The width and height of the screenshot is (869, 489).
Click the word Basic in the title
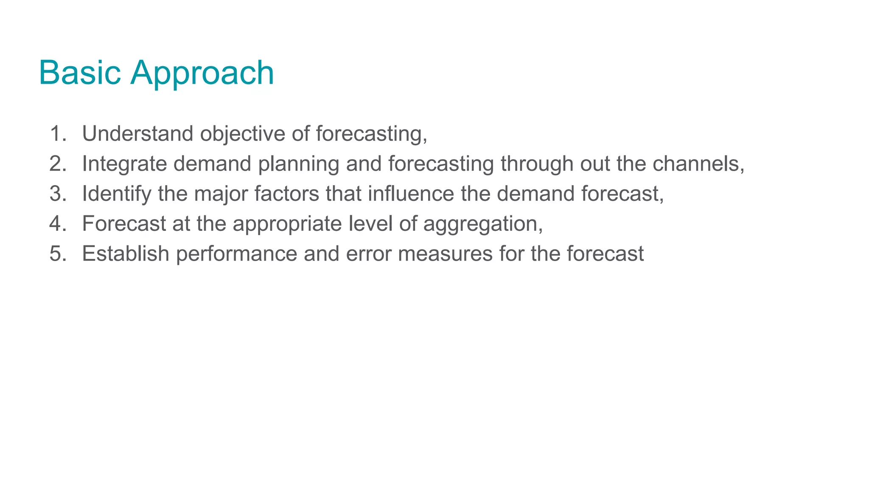pyautogui.click(x=80, y=73)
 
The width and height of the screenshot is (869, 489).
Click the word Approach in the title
pyautogui.click(x=202, y=74)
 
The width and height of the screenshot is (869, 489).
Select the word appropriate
pyautogui.click(x=287, y=225)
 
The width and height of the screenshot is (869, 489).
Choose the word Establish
pyautogui.click(x=126, y=254)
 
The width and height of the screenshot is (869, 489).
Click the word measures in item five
pyautogui.click(x=445, y=254)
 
